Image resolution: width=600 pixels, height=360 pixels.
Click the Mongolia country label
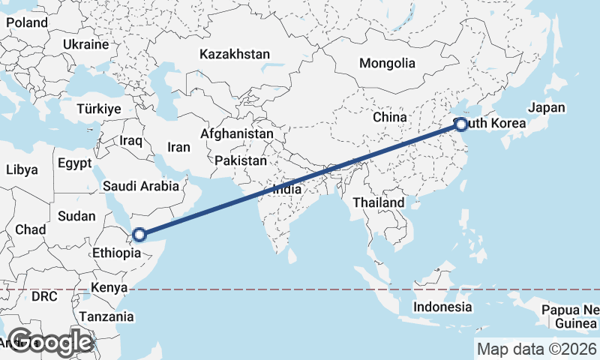click(387, 63)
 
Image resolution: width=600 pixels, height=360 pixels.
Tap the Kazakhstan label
click(235, 54)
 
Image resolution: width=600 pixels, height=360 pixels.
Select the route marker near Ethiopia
click(139, 235)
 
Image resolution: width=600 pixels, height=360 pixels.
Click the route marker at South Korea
click(461, 124)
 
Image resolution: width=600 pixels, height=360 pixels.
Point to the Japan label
click(547, 107)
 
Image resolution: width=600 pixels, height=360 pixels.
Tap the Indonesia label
click(442, 307)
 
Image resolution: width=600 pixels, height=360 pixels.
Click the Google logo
click(50, 342)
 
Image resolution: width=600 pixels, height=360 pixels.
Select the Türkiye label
click(98, 109)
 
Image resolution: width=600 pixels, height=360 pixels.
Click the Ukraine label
click(86, 44)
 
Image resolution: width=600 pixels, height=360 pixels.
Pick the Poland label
click(27, 22)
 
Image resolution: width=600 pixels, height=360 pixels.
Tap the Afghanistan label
click(236, 133)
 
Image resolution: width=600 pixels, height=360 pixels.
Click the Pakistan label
click(240, 160)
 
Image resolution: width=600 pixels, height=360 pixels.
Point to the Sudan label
click(76, 216)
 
